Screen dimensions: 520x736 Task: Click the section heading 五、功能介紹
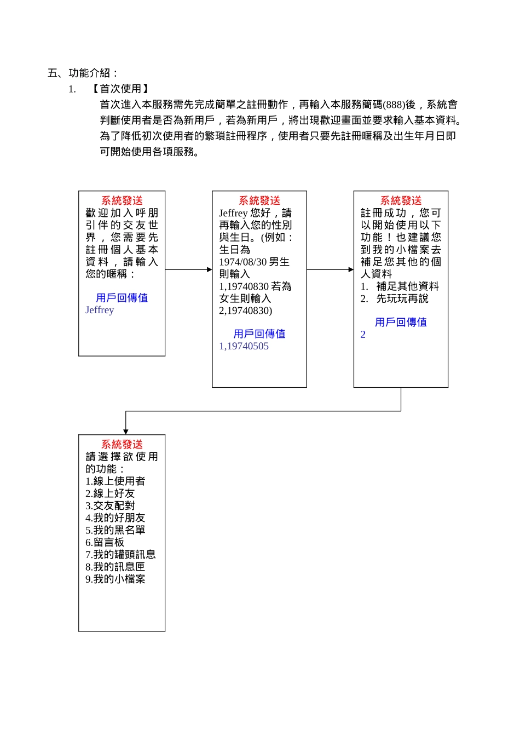click(x=83, y=73)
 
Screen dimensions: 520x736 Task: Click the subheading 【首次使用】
click(x=120, y=89)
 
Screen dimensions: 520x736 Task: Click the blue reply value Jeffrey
click(x=100, y=310)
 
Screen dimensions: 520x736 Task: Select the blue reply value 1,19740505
click(x=244, y=346)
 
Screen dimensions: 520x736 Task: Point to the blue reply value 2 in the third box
click(x=363, y=335)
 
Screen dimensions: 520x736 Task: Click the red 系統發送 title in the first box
click(x=122, y=200)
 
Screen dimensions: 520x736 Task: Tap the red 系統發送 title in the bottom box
click(x=122, y=444)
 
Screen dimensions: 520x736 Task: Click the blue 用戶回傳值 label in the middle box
click(x=259, y=334)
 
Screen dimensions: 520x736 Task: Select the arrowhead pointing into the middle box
click(x=209, y=269)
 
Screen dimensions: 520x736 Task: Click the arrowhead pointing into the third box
click(x=351, y=269)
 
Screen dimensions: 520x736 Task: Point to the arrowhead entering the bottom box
click(x=126, y=432)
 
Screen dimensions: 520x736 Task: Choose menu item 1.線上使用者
click(x=115, y=481)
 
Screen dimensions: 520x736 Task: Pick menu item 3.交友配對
click(x=110, y=505)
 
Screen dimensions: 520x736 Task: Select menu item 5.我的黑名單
click(x=115, y=530)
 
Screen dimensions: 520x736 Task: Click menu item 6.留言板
click(x=105, y=542)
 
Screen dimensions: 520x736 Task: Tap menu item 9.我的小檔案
click(x=115, y=579)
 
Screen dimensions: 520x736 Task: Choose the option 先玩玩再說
click(x=402, y=298)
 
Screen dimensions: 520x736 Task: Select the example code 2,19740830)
click(x=245, y=311)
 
